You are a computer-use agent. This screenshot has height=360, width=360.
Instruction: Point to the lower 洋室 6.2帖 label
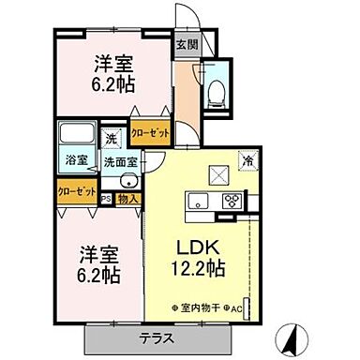tap(99, 264)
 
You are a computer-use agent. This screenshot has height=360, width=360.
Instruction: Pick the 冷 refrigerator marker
tap(249, 160)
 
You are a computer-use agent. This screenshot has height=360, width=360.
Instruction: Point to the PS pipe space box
tap(107, 198)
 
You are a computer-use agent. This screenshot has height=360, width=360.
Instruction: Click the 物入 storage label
tap(128, 198)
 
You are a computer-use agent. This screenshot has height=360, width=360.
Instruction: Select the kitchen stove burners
tap(231, 201)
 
